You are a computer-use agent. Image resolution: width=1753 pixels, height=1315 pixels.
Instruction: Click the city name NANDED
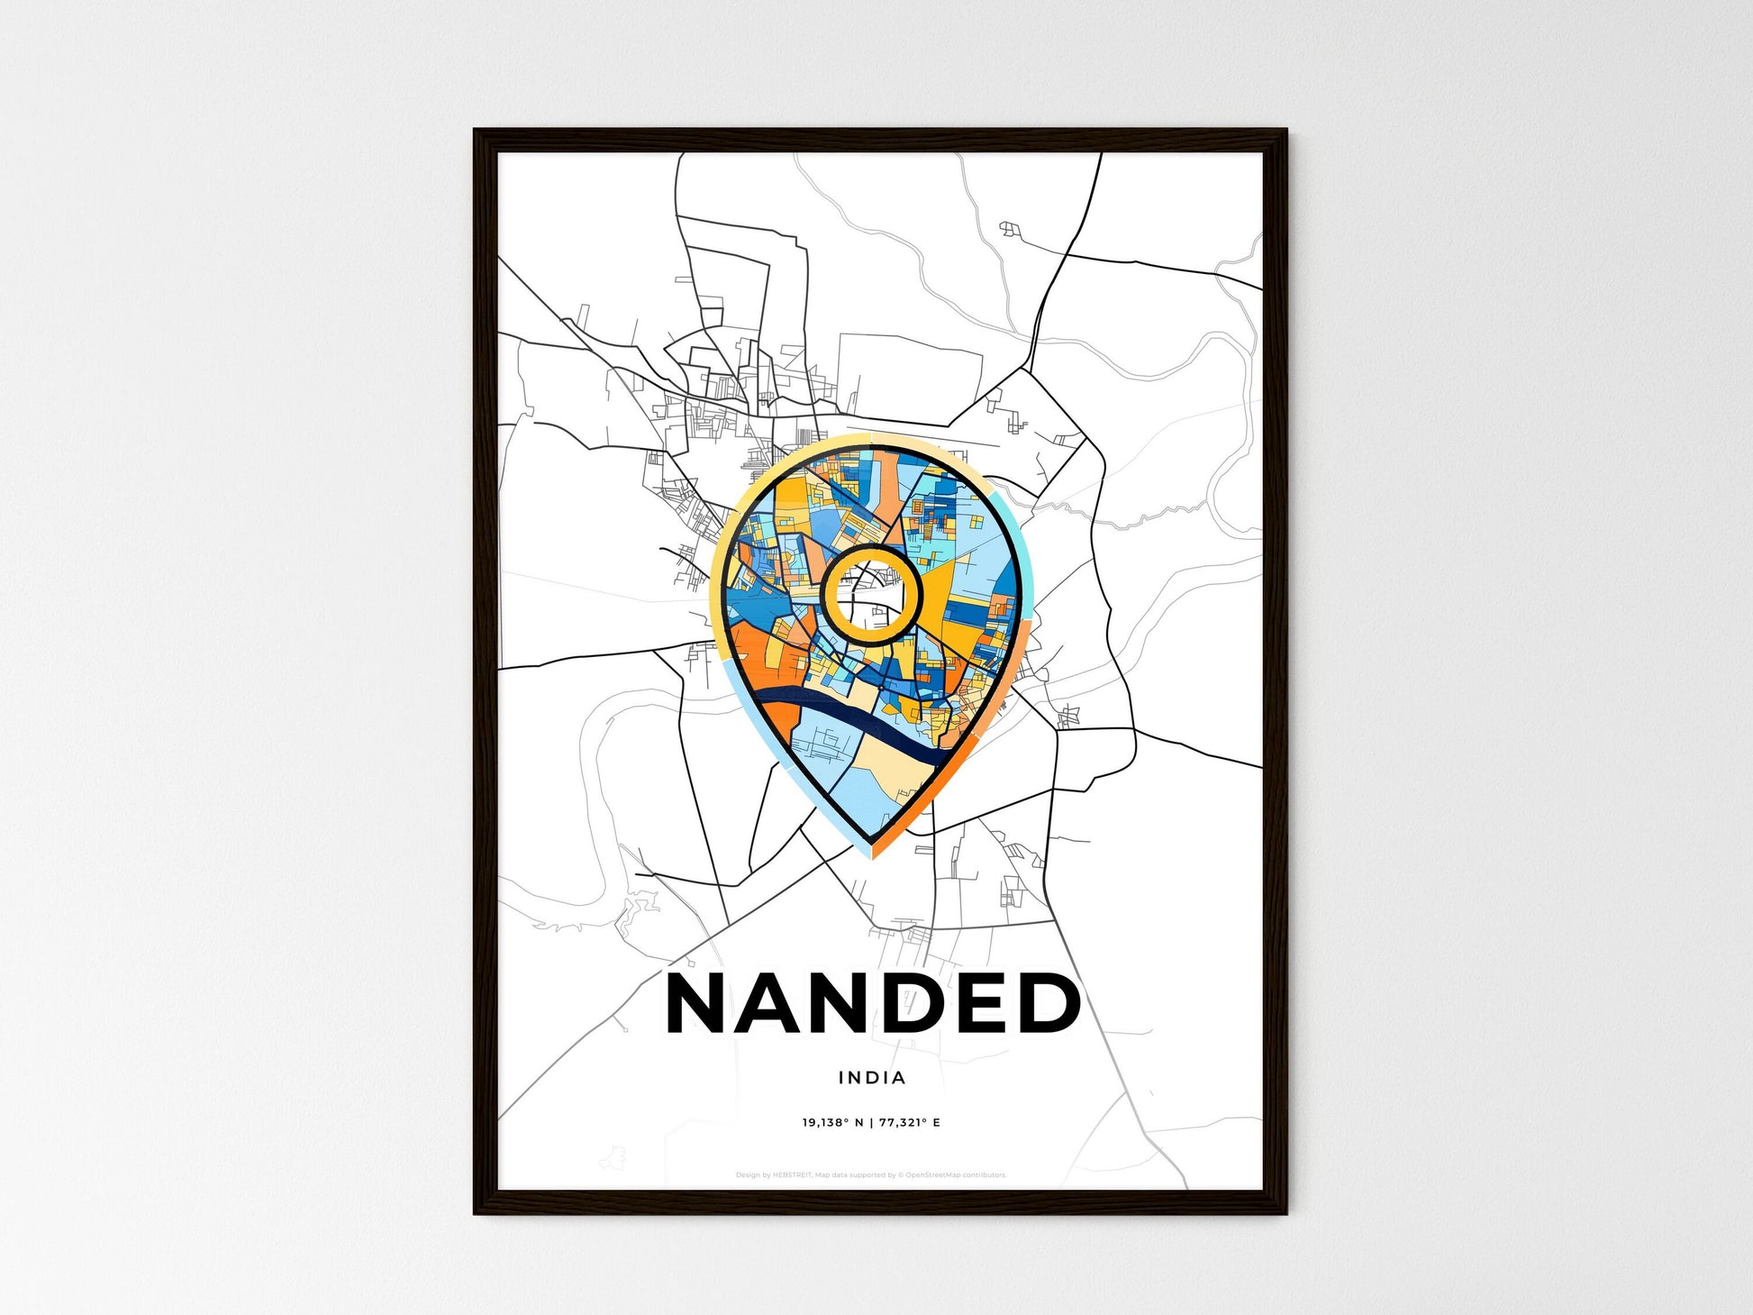point(872,1004)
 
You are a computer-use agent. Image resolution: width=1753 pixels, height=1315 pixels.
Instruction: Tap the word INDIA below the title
point(872,1077)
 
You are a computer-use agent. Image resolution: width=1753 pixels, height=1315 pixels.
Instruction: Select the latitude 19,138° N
point(832,1122)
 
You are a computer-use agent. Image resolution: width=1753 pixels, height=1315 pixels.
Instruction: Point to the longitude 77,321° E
point(910,1122)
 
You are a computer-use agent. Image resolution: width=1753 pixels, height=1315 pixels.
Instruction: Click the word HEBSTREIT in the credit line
point(793,1175)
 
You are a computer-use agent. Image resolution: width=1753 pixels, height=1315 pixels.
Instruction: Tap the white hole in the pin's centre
point(871,596)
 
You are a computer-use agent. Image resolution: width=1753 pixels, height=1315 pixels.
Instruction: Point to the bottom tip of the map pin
point(872,854)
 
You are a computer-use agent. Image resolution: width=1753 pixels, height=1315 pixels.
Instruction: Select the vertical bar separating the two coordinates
point(871,1122)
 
